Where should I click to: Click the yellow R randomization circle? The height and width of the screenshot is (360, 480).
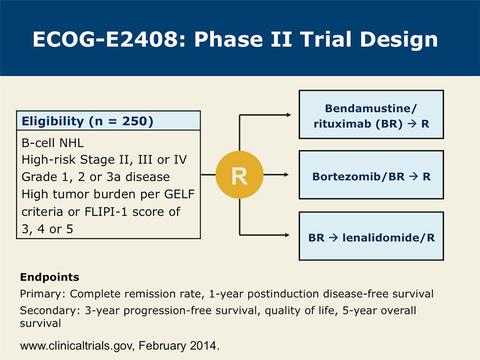click(239, 175)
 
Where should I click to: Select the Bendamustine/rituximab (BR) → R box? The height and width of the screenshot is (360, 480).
click(371, 115)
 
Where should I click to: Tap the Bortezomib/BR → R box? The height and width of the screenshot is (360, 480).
click(371, 175)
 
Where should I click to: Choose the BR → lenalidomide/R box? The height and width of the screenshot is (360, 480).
click(371, 236)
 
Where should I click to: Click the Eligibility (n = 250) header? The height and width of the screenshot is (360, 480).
click(109, 121)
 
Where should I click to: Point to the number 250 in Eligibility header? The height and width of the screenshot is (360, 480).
click(134, 121)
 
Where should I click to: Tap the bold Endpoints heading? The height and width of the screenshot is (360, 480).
click(50, 277)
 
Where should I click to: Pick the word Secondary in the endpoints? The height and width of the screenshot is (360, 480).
click(48, 311)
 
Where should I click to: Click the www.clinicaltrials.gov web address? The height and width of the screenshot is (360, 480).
click(76, 346)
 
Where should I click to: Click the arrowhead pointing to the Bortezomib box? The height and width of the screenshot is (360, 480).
click(286, 175)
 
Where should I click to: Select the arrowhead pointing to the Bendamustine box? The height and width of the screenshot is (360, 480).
click(289, 115)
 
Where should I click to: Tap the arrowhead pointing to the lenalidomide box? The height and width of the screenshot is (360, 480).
click(287, 235)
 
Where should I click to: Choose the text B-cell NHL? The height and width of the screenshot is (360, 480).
click(53, 143)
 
